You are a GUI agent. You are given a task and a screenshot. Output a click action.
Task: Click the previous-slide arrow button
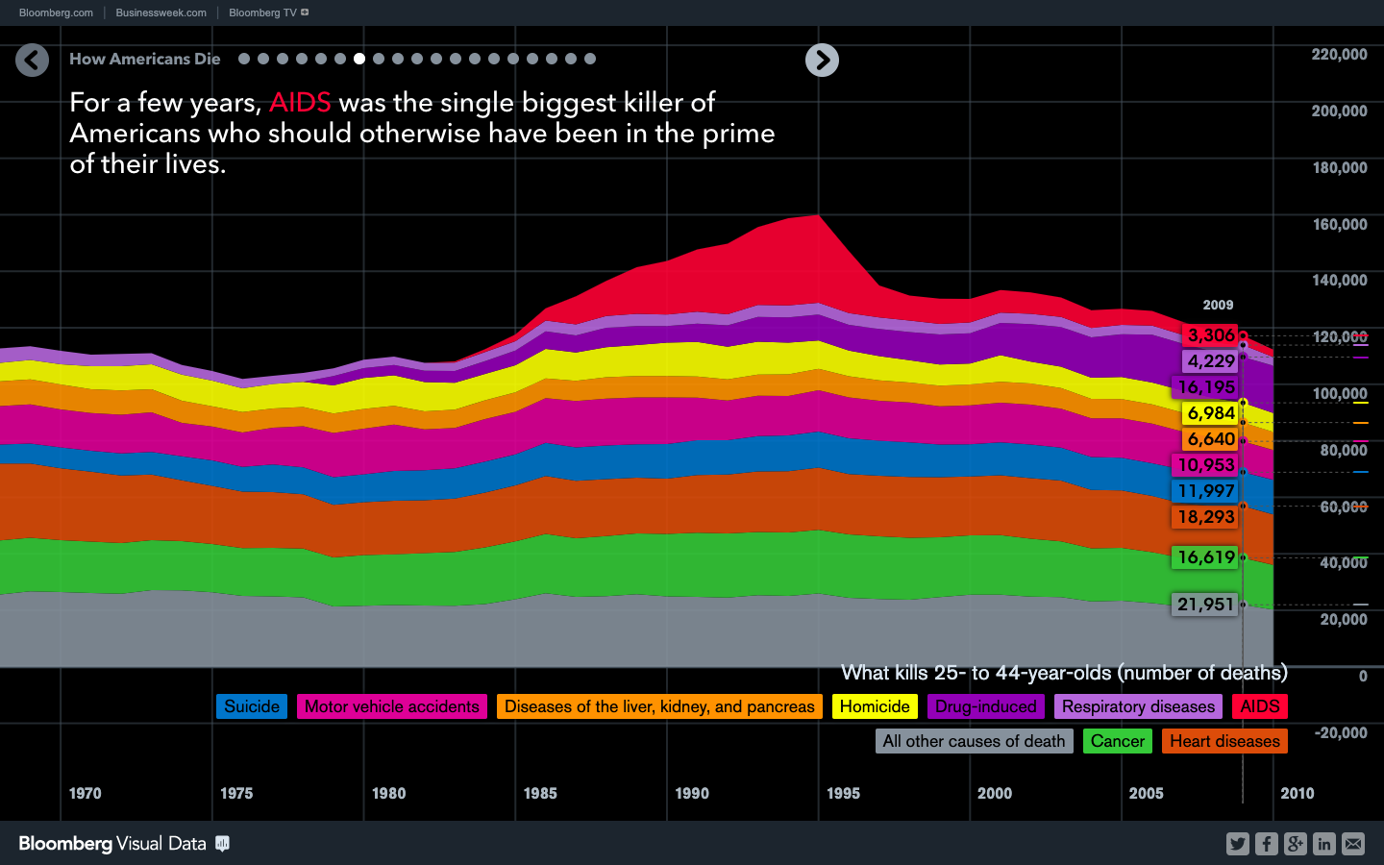point(32,61)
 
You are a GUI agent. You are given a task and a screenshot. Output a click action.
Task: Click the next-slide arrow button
point(822,61)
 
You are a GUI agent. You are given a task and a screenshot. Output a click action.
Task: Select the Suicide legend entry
point(252,706)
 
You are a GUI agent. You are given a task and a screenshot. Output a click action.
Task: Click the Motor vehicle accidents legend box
point(391,706)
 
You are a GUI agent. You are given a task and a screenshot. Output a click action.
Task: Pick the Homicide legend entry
point(875,706)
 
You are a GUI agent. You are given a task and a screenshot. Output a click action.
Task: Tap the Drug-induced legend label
point(985,706)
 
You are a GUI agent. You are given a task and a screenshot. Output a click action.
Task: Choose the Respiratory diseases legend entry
point(1138,706)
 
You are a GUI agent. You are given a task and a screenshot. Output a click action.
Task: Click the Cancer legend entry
point(1117,741)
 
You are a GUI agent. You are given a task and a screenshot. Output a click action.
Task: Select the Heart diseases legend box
point(1224,741)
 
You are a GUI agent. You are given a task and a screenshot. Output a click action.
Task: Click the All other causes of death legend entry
point(974,741)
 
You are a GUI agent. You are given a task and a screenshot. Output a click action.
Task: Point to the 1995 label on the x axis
point(843,793)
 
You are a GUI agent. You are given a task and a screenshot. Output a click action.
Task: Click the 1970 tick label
point(85,793)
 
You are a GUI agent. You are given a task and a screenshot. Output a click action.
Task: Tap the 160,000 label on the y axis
point(1339,224)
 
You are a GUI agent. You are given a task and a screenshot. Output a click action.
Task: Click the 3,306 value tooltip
point(1210,335)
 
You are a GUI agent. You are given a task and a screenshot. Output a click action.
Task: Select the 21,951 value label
point(1205,605)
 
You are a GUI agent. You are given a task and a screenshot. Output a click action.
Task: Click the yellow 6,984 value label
point(1210,413)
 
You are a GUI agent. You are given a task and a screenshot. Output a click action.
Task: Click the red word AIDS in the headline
point(300,103)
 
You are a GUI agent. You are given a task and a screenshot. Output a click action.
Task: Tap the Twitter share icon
point(1237,844)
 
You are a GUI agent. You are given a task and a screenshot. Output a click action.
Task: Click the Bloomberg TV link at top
point(262,12)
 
